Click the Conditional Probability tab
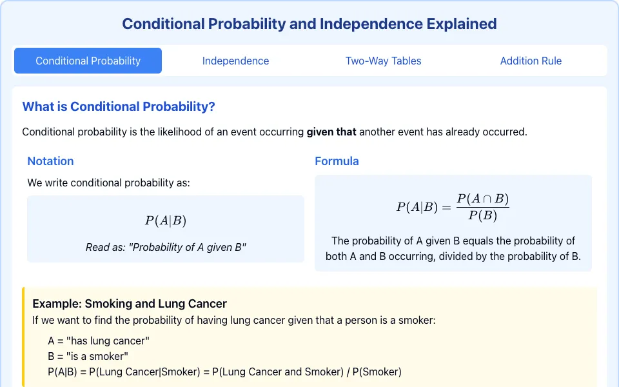point(88,61)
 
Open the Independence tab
point(236,61)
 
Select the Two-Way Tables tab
point(383,61)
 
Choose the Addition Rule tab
point(531,61)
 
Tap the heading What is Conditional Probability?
point(119,106)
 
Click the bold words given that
point(331,132)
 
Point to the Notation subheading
point(50,161)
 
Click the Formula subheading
point(337,161)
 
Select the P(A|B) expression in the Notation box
point(166,221)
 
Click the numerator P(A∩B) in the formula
point(483,198)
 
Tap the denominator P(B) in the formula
point(483,215)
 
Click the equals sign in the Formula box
point(446,207)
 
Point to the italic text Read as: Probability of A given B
point(166,247)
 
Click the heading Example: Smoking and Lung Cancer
point(130,304)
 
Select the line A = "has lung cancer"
point(99,341)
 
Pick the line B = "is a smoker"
point(88,356)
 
